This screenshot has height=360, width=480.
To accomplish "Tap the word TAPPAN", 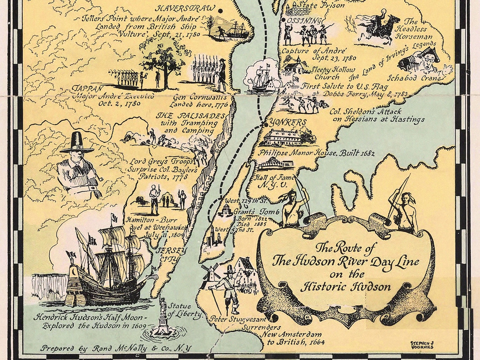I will coord(88,89).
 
